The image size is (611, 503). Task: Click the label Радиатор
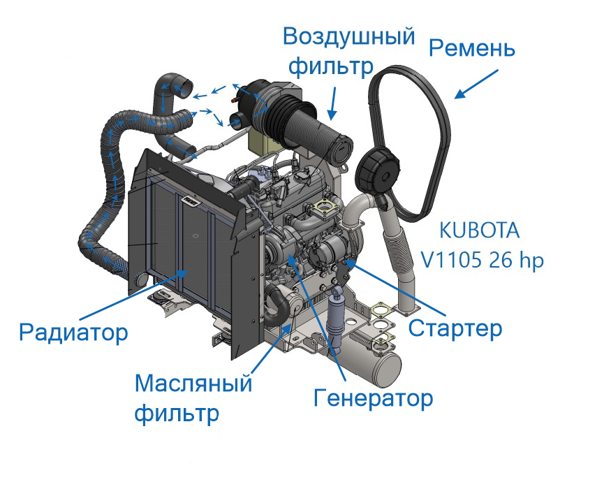tap(73, 333)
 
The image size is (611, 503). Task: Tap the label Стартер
tap(455, 329)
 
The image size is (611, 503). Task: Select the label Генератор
tap(374, 398)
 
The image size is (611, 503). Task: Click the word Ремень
tap(472, 49)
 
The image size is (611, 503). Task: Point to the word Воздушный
tap(348, 36)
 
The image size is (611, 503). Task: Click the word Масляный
tap(193, 383)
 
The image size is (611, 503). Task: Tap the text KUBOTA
tap(479, 231)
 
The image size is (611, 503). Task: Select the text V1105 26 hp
tap(482, 260)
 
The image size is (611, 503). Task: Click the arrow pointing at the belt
tap(476, 85)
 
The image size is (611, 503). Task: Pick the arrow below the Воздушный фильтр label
tap(332, 103)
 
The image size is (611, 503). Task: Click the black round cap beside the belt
tap(378, 170)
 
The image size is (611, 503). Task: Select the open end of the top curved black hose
tap(186, 87)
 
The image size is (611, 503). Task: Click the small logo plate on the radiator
tap(191, 201)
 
